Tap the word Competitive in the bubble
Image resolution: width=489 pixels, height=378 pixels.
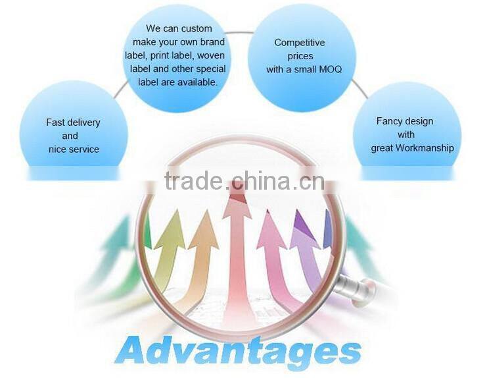point(300,43)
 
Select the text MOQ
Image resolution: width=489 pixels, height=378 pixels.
point(329,69)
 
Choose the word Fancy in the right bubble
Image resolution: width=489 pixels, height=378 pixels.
point(389,121)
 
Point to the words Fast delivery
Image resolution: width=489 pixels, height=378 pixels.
point(73,122)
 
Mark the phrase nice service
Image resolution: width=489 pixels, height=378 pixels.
point(74,149)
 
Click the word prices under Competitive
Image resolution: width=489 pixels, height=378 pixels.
point(299,56)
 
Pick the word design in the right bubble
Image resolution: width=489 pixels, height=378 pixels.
point(419,121)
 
